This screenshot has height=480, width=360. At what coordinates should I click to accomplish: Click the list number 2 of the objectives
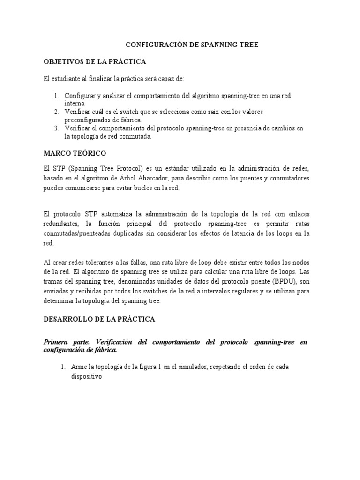pos(56,112)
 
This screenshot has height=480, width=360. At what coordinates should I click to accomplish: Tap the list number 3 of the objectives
pos(56,128)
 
